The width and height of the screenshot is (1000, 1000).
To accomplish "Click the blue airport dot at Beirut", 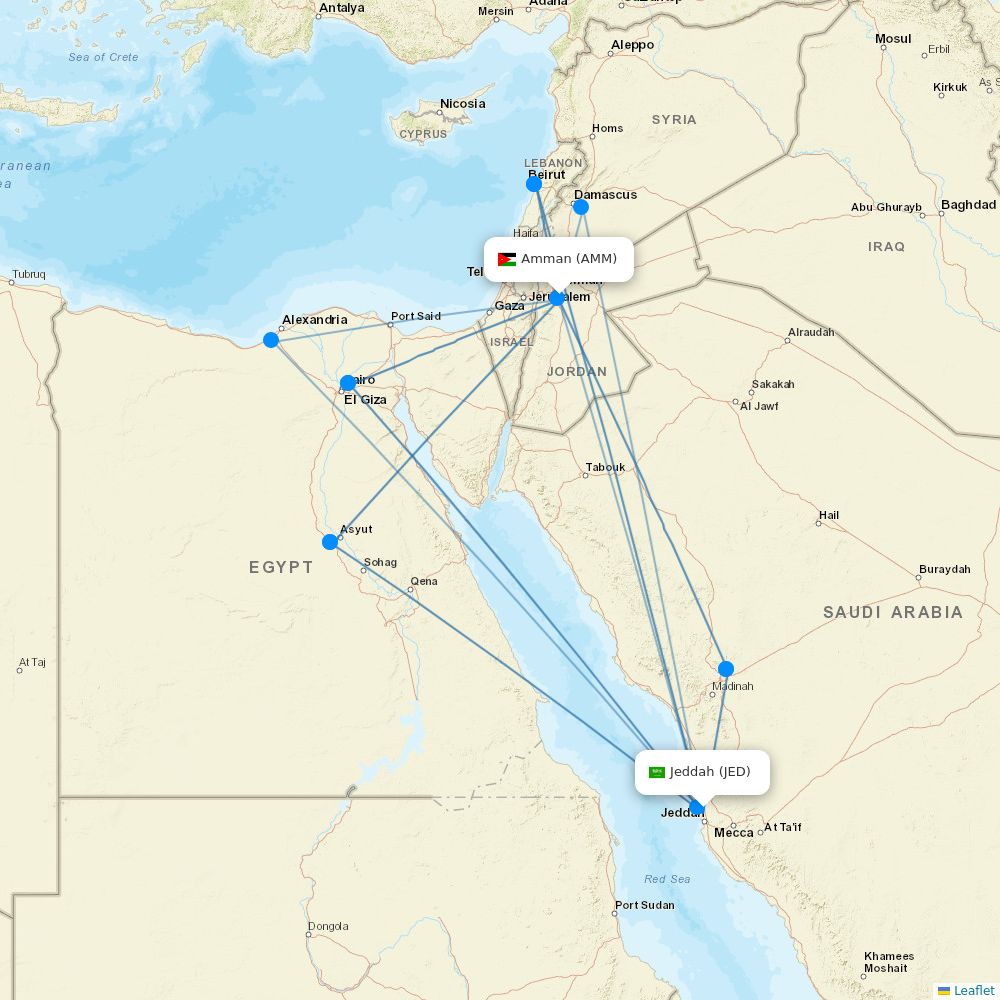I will [x=534, y=184].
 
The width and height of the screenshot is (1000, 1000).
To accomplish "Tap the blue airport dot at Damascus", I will [x=581, y=207].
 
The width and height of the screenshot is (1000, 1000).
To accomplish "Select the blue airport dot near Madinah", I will [x=726, y=669].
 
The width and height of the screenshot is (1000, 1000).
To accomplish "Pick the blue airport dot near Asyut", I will [x=330, y=542].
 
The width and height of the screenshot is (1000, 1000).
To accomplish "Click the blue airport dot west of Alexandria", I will [x=271, y=340].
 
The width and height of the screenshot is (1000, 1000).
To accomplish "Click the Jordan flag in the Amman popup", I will [x=507, y=260].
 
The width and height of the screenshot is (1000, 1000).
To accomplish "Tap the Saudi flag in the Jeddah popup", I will [x=657, y=772].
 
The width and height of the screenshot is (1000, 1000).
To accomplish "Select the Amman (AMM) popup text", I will [x=569, y=259].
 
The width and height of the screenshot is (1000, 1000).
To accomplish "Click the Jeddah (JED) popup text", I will [x=710, y=771].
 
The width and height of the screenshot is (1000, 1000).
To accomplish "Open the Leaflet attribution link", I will [x=974, y=990].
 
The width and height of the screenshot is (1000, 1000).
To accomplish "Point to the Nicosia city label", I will [x=463, y=104].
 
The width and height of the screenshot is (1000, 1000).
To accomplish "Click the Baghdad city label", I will [x=968, y=205].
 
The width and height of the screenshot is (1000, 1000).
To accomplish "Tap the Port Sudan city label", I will [x=644, y=906].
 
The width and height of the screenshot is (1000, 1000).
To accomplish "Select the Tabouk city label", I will [x=605, y=467].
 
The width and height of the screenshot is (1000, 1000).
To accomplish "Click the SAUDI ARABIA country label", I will [x=893, y=612].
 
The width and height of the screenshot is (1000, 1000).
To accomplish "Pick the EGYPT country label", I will [x=281, y=567].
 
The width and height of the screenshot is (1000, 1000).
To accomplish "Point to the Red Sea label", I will [x=667, y=879].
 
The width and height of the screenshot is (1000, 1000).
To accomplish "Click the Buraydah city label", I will [x=945, y=569].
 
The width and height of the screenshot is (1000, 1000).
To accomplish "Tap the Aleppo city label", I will [x=632, y=45].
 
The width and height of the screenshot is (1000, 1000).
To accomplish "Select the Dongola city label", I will [x=328, y=926].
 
